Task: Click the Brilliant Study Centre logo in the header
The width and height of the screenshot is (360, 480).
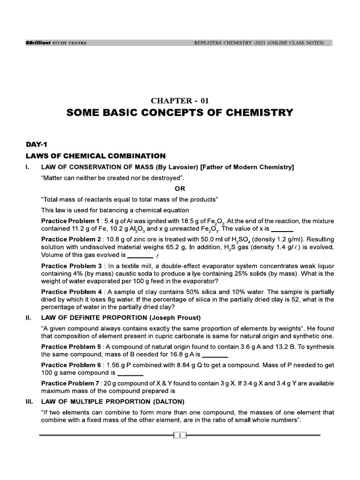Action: click(56, 43)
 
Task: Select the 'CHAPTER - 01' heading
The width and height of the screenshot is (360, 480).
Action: click(180, 100)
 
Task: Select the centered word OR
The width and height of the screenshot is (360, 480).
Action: click(180, 188)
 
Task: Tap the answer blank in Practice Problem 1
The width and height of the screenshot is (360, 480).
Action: click(282, 229)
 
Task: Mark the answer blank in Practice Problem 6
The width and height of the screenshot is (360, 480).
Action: click(130, 374)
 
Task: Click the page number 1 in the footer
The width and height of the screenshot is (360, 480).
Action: click(180, 436)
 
